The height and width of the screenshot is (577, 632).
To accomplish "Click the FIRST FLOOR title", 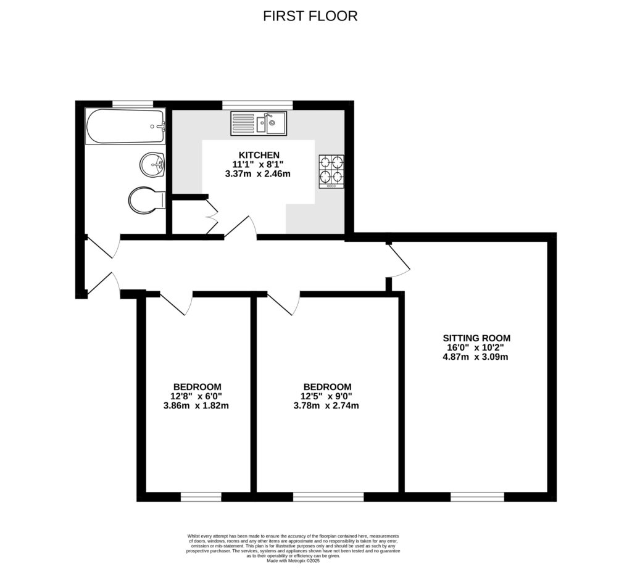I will coord(310,16).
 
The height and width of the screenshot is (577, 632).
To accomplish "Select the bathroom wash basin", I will coord(152,165).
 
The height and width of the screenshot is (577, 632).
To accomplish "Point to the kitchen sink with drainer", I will coord(259,123).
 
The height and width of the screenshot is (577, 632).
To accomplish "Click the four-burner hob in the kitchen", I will coord(331,171).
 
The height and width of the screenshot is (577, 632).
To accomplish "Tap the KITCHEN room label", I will coord(259,155).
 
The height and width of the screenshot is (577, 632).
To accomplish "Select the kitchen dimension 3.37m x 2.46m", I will coord(259,174).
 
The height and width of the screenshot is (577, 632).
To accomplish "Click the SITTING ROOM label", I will coord(476,338).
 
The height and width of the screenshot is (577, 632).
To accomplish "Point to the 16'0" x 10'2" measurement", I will coord(476,347).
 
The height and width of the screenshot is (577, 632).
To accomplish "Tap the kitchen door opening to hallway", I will coord(241,228).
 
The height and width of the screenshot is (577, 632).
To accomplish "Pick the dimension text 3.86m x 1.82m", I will coord(196,405).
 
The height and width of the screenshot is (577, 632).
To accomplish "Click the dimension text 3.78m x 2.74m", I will coord(326,405).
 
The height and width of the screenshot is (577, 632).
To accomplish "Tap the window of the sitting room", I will coord(477,496).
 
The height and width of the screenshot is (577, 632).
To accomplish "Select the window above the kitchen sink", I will coord(257,104).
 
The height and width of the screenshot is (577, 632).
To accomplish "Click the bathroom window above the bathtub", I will coord(132,104).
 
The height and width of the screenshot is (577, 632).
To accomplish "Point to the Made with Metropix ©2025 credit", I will coord(294,561).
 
